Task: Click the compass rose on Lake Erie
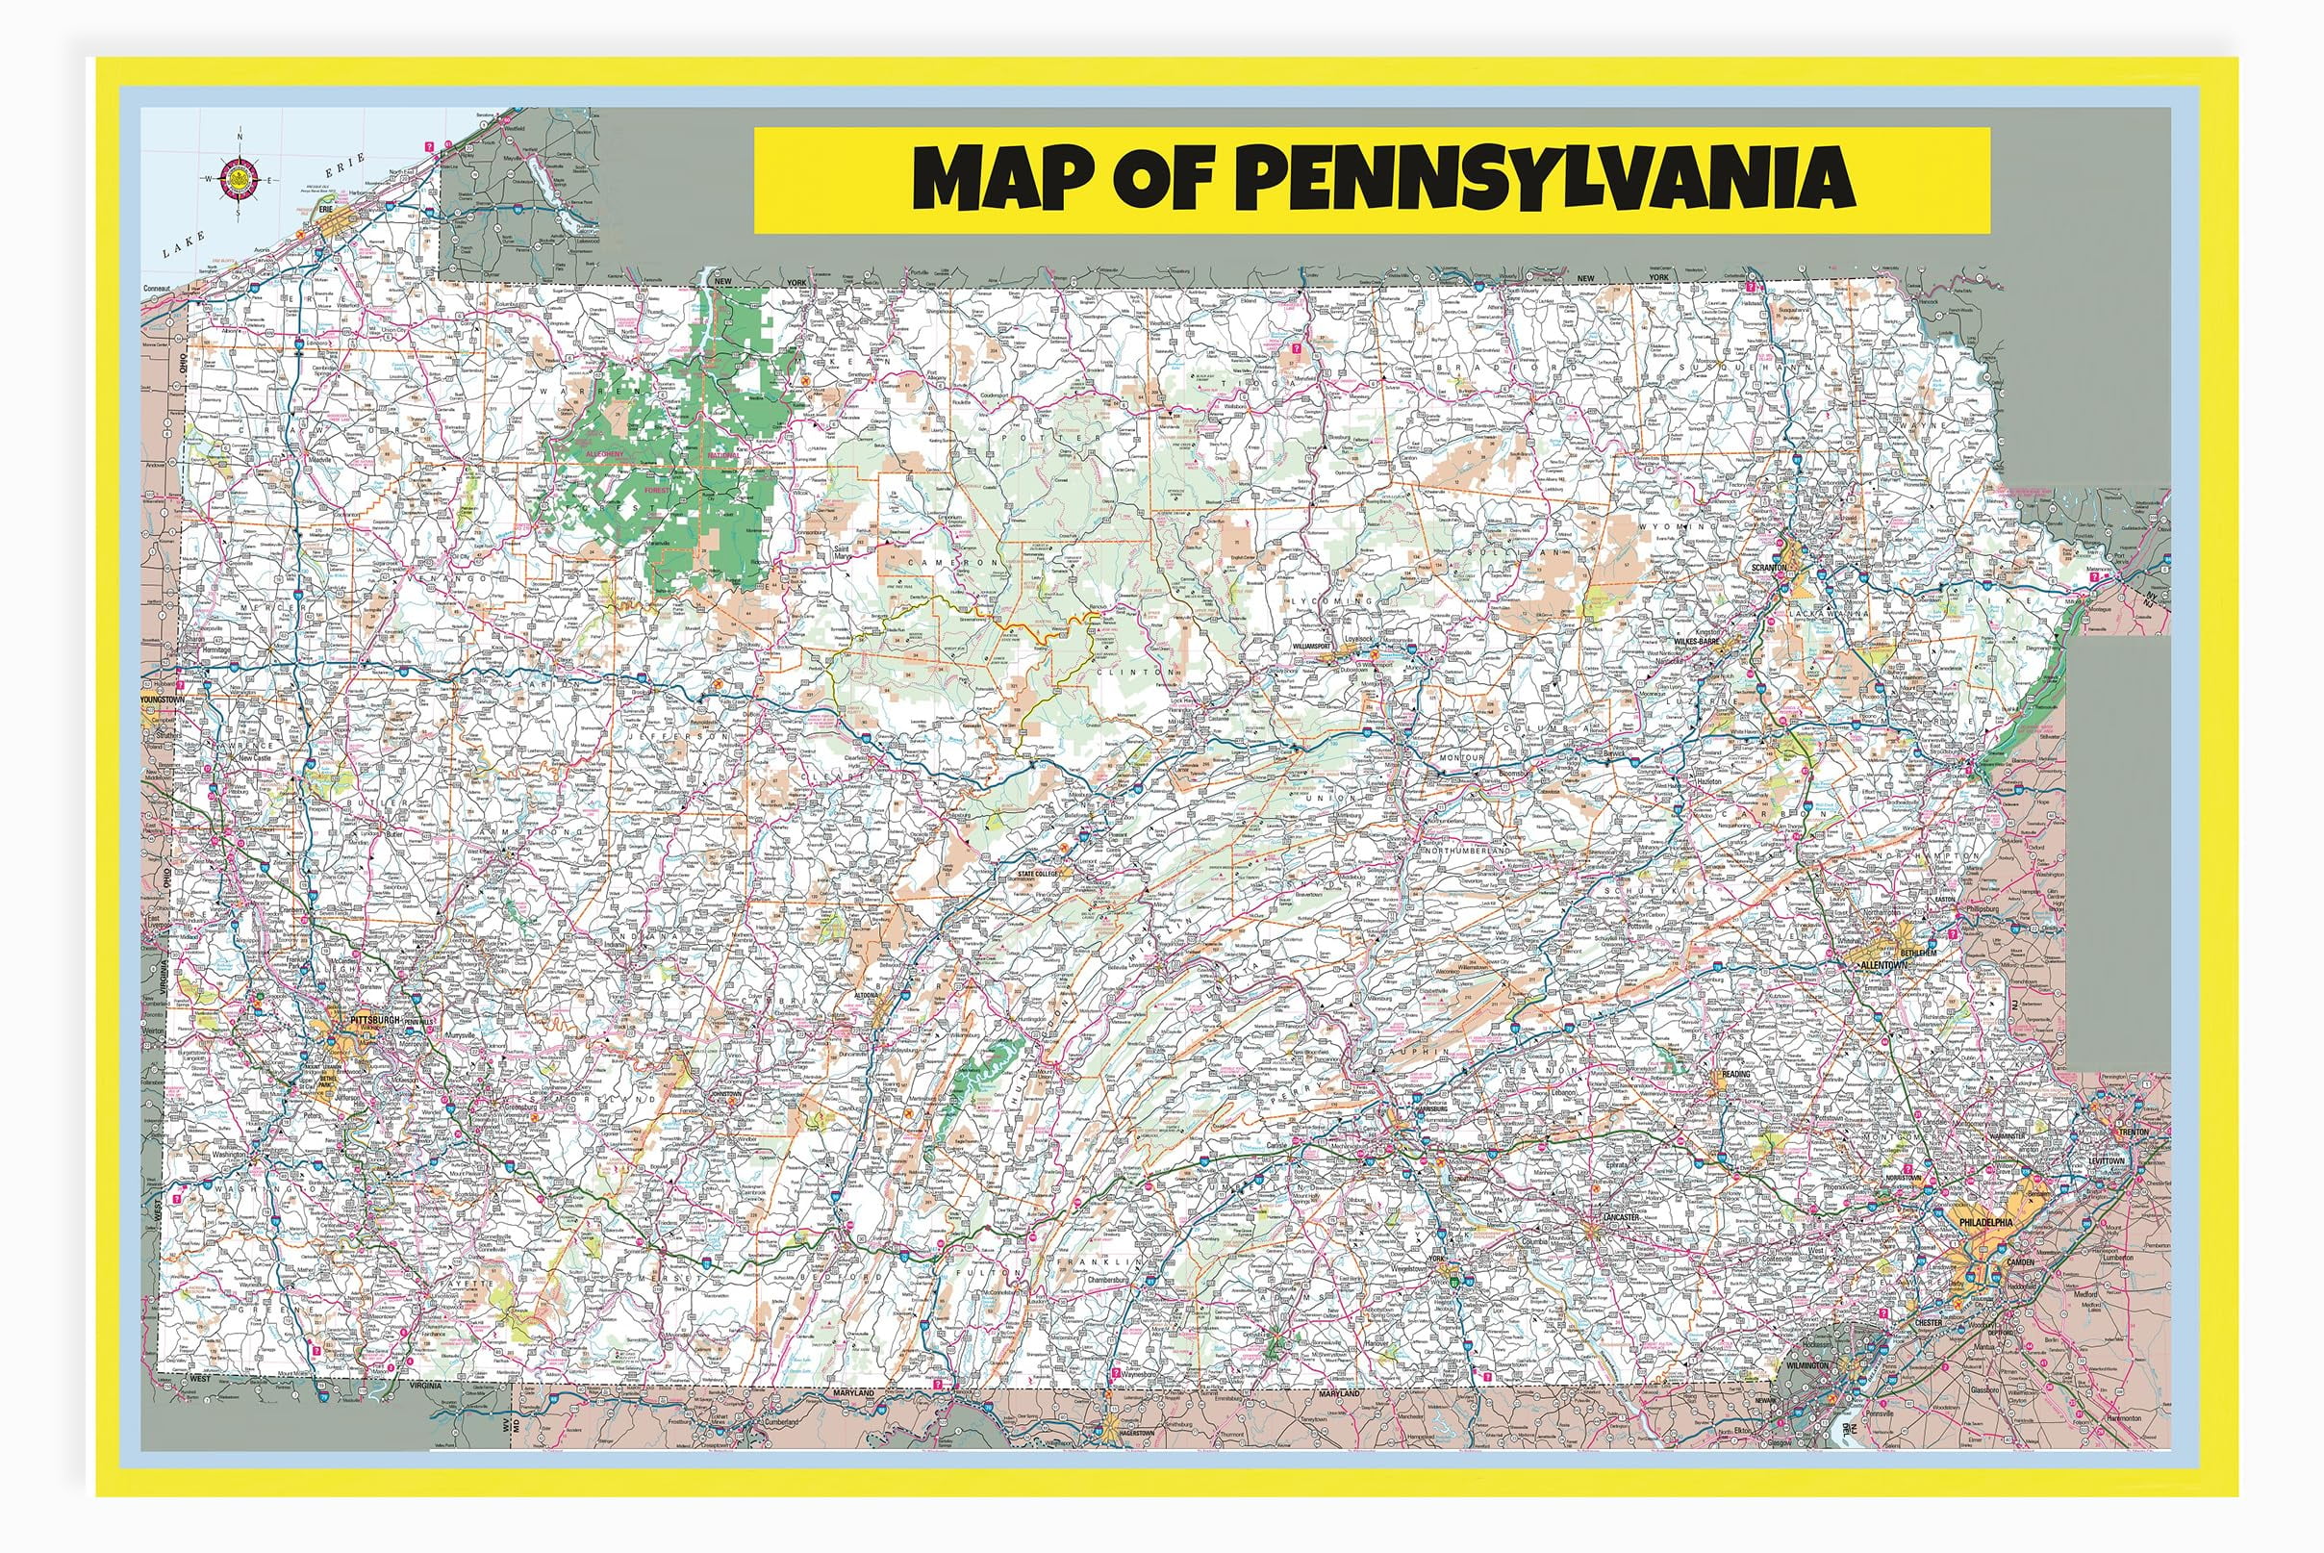click(x=241, y=178)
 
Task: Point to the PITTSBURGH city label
click(x=375, y=1019)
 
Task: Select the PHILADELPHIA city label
click(x=1985, y=1222)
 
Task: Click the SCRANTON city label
click(x=1769, y=568)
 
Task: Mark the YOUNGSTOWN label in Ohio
click(x=164, y=700)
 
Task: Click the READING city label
click(x=1735, y=1074)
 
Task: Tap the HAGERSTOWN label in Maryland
click(x=1133, y=1432)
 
